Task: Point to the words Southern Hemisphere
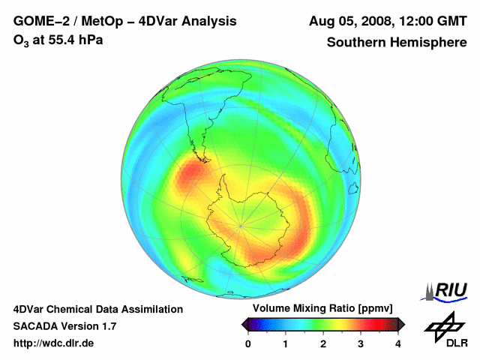[397, 43]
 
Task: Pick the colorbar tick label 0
[249, 343]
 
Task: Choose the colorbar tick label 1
[286, 343]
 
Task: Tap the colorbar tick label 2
[323, 343]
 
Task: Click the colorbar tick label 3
[361, 343]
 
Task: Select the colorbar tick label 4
[398, 343]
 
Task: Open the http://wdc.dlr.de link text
[54, 343]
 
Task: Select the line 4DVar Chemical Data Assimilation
[98, 309]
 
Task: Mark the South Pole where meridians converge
[241, 225]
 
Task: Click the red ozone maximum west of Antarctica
[193, 177]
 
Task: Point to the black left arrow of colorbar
[245, 324]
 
